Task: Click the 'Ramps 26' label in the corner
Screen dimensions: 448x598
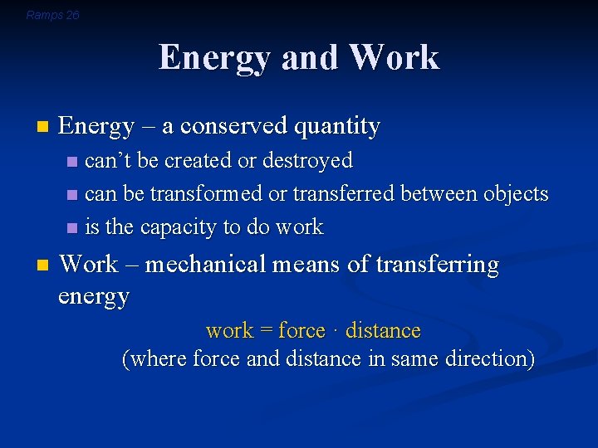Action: click(x=53, y=15)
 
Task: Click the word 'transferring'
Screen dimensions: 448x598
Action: click(x=437, y=265)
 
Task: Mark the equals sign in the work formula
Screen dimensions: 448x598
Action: click(x=266, y=331)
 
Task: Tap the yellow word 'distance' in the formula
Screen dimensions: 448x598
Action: click(x=383, y=331)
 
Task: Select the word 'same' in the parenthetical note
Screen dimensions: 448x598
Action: click(x=418, y=360)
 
